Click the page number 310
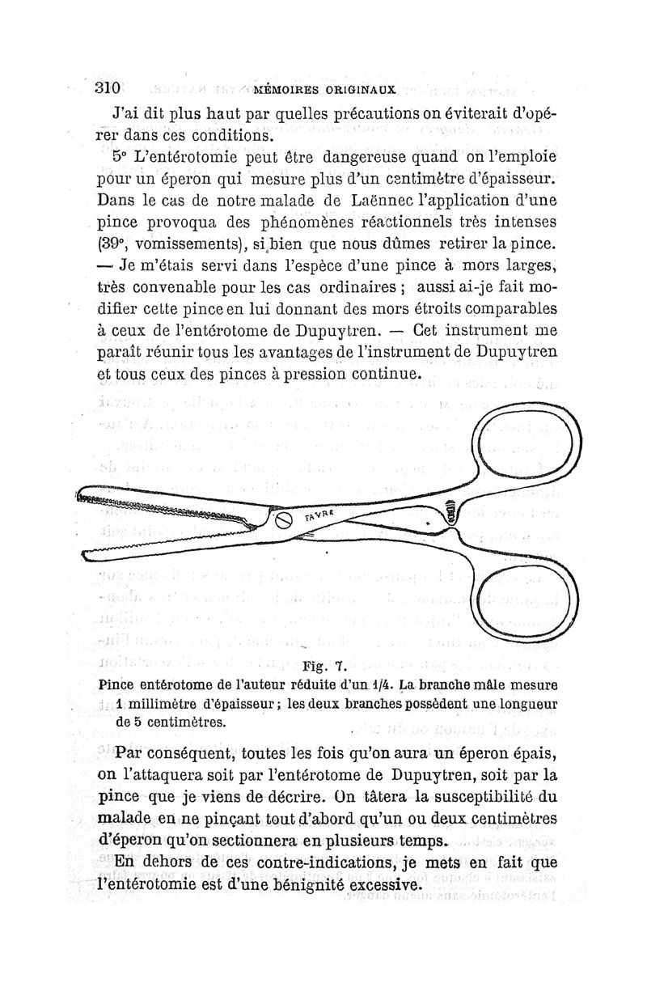pyautogui.click(x=106, y=87)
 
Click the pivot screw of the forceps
pyautogui.click(x=285, y=521)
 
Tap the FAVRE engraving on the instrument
pyautogui.click(x=320, y=512)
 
